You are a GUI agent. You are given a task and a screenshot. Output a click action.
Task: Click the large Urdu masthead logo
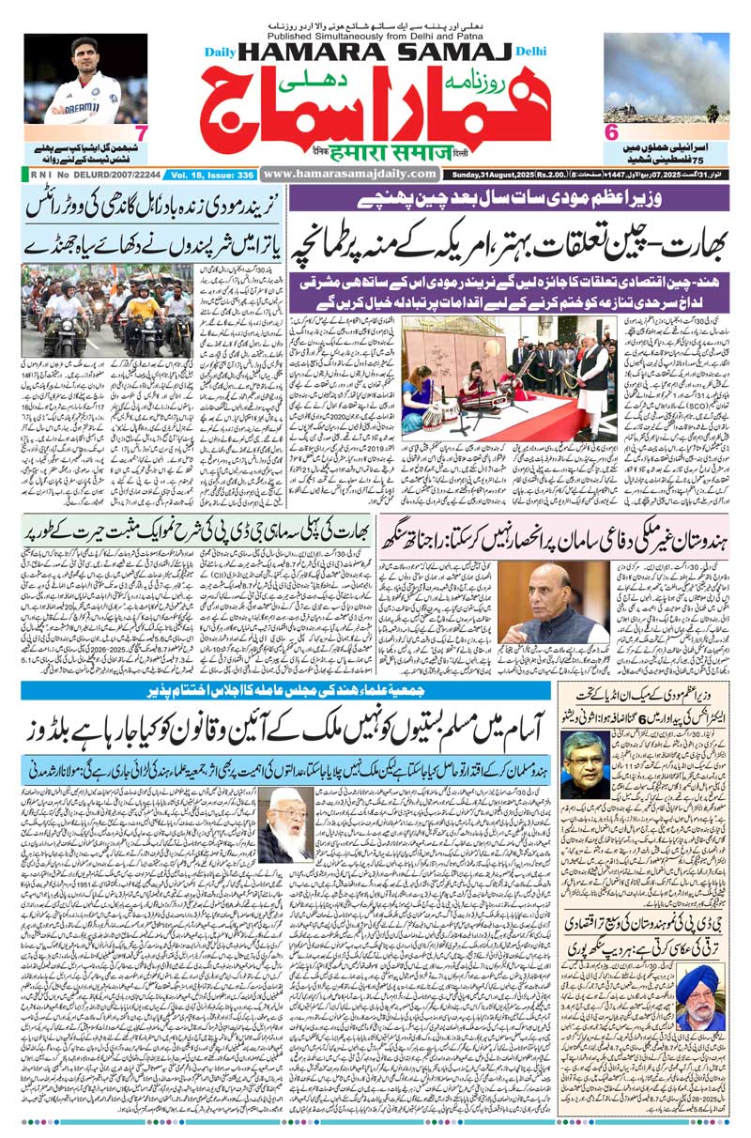[375, 104]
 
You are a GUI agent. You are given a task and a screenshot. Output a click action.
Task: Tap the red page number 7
[140, 131]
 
